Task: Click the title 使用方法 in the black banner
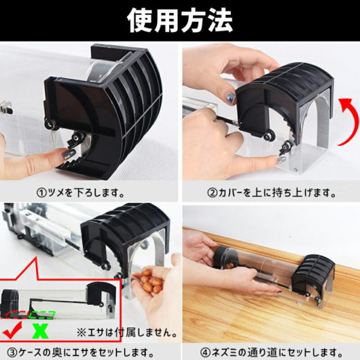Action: [180, 20]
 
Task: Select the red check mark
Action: [12, 330]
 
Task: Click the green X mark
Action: [40, 331]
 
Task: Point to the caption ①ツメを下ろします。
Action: [81, 193]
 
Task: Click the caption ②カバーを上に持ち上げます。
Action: [271, 193]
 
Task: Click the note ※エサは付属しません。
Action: [127, 332]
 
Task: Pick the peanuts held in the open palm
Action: [149, 281]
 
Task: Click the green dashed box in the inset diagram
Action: [43, 315]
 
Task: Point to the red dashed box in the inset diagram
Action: [16, 315]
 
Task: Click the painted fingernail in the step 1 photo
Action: [69, 153]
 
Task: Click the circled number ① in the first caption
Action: [41, 193]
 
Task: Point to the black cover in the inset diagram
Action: [101, 291]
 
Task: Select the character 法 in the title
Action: [219, 20]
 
